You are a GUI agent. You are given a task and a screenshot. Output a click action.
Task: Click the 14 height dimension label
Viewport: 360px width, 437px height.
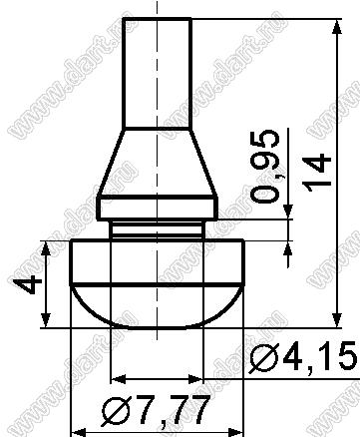coord(318,173)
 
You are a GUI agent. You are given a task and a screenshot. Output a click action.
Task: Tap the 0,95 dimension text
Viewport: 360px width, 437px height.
coord(265,167)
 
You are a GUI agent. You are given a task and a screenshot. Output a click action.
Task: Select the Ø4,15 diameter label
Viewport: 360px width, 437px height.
coord(304,358)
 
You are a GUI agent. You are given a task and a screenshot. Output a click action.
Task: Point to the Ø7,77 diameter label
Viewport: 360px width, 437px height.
coord(156,409)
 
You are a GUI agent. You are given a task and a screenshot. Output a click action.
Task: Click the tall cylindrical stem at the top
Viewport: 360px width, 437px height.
coord(158,73)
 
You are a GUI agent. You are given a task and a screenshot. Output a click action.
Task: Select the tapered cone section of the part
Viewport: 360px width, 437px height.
coord(158,162)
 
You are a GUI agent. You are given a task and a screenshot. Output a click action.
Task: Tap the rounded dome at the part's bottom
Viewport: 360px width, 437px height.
coord(158,306)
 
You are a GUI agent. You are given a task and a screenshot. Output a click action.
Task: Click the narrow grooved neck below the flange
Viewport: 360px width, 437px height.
coord(157,229)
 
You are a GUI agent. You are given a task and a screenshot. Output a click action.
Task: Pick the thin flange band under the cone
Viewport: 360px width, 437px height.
coord(158,208)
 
